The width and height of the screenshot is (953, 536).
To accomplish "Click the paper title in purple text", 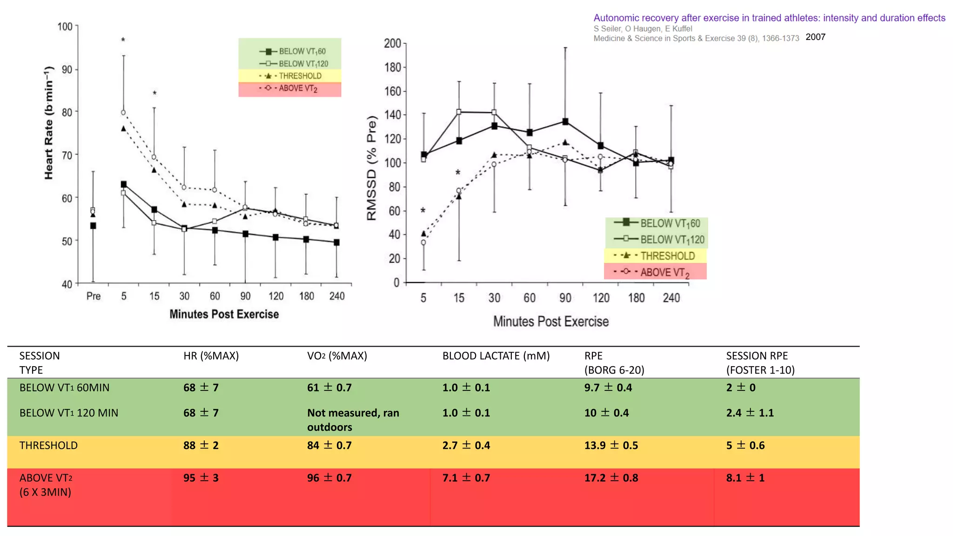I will point(769,18).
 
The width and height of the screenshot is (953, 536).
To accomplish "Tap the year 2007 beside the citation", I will point(815,37).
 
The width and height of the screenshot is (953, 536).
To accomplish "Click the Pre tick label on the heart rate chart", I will point(94,296).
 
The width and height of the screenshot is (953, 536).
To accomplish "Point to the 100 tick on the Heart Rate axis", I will point(65,27).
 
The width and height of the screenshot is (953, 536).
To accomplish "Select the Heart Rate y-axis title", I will point(49,123).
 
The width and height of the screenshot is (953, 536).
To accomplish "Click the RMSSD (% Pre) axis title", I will point(371,168).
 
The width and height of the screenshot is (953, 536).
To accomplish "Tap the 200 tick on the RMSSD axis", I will point(392,44).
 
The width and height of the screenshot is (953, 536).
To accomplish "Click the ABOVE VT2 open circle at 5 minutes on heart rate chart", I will point(123,113).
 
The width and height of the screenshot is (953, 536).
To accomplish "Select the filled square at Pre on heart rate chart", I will point(93,226).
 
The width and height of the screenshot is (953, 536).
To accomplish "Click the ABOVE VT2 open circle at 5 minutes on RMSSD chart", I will point(423,242).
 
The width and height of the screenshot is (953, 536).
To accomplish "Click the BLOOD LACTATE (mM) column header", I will point(496,356).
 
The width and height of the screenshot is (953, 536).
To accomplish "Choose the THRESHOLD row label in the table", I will point(48,445).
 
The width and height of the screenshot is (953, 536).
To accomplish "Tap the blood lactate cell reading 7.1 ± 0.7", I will point(466,478).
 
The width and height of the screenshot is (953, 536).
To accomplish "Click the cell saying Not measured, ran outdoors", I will point(353,420).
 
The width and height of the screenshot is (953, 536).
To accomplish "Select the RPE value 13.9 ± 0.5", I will point(611,445).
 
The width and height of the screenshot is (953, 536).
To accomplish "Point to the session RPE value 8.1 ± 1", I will point(745,478).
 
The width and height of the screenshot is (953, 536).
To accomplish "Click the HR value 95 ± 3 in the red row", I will point(201,478).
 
